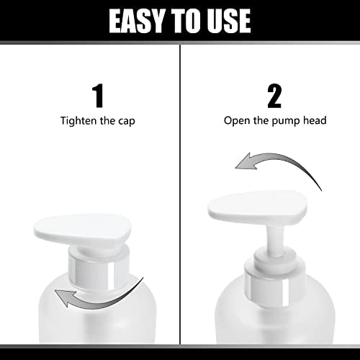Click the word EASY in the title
(x=137, y=21)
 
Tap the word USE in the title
(x=229, y=21)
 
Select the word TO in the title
(x=186, y=21)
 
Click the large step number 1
(x=98, y=96)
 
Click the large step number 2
(x=274, y=96)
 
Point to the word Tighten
(x=78, y=121)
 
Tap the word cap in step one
(x=127, y=122)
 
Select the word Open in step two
(x=237, y=121)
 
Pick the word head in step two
(x=315, y=120)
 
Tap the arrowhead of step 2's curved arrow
(x=246, y=161)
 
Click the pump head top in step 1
(x=82, y=228)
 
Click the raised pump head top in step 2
(x=257, y=207)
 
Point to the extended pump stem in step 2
(x=275, y=239)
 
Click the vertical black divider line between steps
(x=180, y=194)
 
